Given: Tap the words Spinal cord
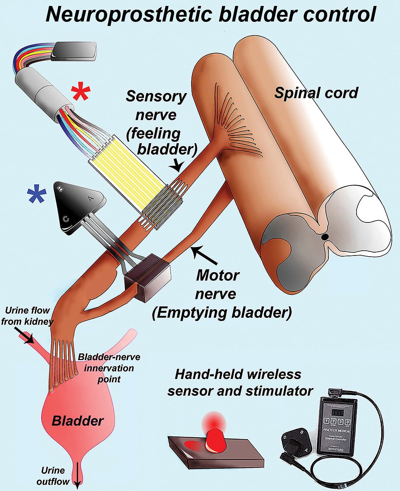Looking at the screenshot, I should pyautogui.click(x=316, y=93).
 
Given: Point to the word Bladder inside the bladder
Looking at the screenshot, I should pyautogui.click(x=77, y=421).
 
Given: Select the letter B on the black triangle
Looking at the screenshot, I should pyautogui.click(x=60, y=188).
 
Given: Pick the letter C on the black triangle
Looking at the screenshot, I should pyautogui.click(x=66, y=219).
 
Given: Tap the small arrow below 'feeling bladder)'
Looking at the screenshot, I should pyautogui.click(x=177, y=167).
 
